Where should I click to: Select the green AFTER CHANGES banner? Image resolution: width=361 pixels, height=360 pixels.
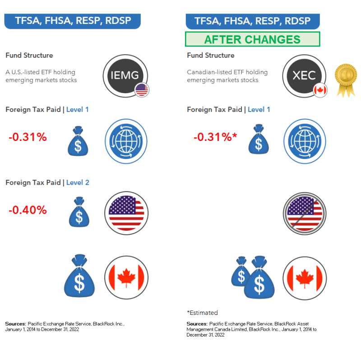click(252, 39)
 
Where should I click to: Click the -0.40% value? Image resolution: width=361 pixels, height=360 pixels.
click(28, 210)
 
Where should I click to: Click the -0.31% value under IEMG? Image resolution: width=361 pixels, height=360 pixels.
click(28, 137)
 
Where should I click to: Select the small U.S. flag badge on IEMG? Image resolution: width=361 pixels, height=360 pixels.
click(142, 90)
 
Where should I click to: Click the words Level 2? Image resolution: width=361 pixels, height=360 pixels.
click(78, 182)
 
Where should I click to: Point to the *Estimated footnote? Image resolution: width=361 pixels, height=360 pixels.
click(202, 313)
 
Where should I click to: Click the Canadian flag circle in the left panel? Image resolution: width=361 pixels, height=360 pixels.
click(126, 277)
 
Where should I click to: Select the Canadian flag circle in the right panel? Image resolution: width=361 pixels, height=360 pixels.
click(305, 277)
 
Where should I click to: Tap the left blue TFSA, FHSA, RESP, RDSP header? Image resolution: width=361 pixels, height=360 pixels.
click(72, 21)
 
